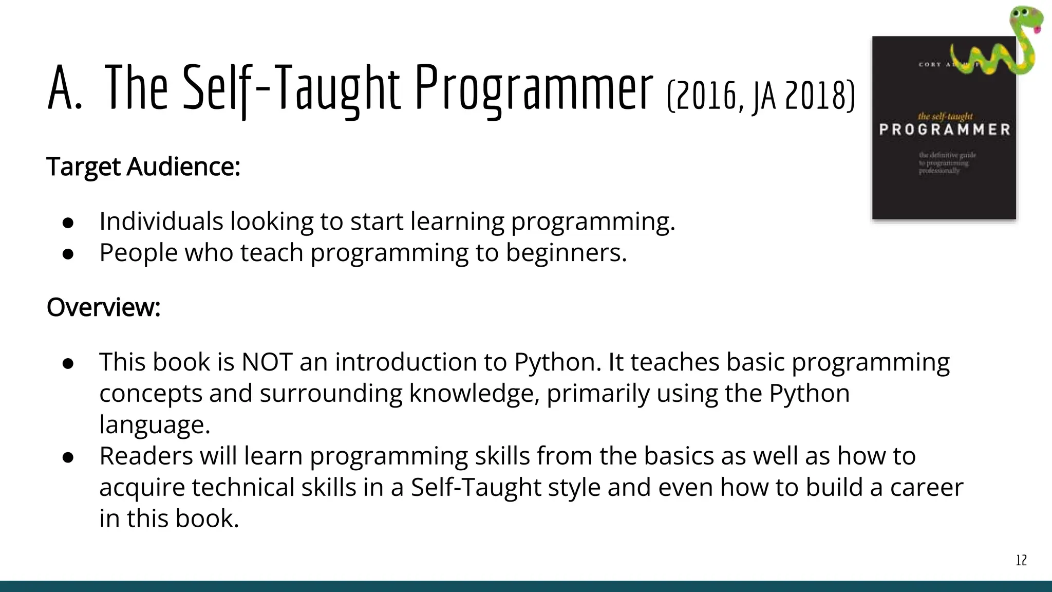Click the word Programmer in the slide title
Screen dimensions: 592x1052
click(534, 87)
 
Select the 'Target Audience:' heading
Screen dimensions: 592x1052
click(143, 166)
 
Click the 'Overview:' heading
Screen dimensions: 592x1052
click(104, 307)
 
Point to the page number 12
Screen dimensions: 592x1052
click(1021, 560)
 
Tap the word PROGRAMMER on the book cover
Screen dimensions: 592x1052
click(945, 129)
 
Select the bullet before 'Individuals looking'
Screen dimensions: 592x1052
click(68, 223)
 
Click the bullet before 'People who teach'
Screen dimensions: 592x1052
click(68, 254)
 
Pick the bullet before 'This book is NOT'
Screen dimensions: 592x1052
click(68, 363)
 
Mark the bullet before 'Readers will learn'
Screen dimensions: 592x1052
click(68, 457)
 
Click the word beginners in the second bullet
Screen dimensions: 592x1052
click(566, 252)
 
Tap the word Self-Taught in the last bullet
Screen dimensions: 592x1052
click(476, 487)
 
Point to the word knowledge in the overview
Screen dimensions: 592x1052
click(474, 394)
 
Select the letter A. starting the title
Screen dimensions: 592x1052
click(65, 87)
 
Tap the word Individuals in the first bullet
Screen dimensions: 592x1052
click(161, 221)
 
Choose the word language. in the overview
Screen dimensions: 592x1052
click(155, 425)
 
